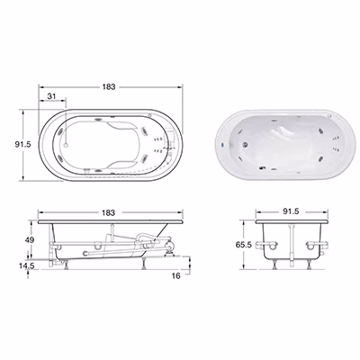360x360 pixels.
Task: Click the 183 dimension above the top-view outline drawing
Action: (x=109, y=86)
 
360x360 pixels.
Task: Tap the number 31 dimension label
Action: (x=52, y=96)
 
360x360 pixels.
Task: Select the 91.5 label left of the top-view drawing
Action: (x=22, y=144)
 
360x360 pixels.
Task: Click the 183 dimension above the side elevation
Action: (x=108, y=212)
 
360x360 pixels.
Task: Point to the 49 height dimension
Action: (x=30, y=240)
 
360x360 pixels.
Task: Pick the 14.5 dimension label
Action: (x=27, y=265)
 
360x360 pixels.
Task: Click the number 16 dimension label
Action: (x=176, y=275)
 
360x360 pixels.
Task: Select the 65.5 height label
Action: (x=243, y=245)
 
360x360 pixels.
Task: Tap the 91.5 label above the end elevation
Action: (x=291, y=211)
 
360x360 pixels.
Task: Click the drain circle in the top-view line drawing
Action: (x=67, y=145)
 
